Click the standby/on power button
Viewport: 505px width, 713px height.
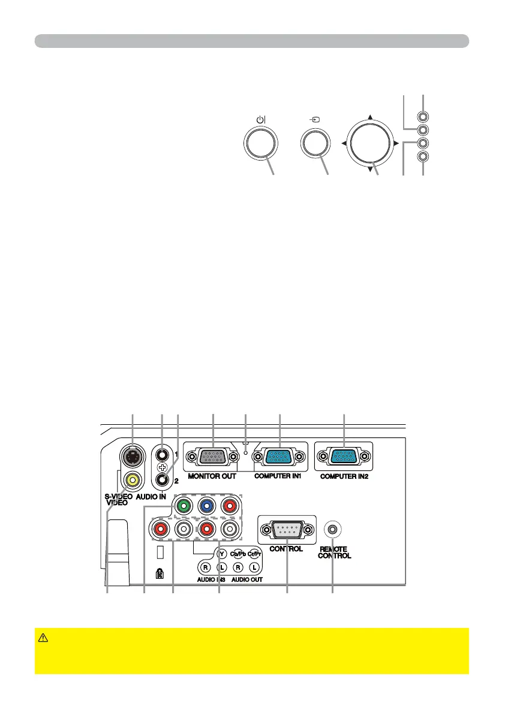[261, 144]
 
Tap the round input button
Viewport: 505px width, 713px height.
[315, 143]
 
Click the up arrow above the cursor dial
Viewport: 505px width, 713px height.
[371, 117]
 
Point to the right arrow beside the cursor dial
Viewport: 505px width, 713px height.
[396, 144]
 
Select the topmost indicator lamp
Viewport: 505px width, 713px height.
[423, 117]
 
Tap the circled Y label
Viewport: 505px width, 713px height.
[221, 553]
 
